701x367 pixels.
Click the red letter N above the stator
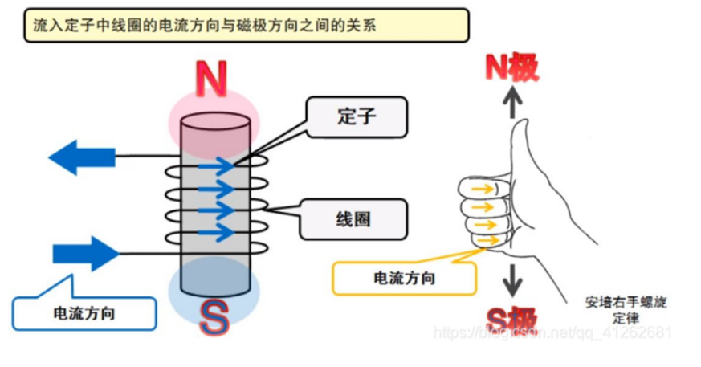(211, 81)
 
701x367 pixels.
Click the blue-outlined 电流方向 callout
(84, 311)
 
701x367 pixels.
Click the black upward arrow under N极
(512, 103)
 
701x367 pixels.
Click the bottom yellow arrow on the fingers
(484, 239)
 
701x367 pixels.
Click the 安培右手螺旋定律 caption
(626, 310)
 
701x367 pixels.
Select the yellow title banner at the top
(244, 25)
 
